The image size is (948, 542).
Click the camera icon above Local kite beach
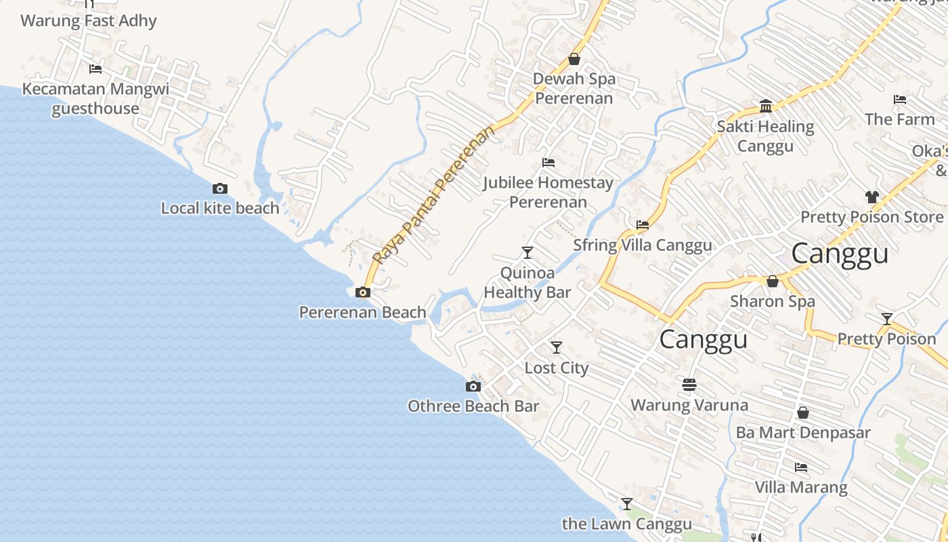(220, 189)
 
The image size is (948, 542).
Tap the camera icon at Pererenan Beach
(363, 293)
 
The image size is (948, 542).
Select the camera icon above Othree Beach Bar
(473, 387)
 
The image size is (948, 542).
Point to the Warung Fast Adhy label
(89, 21)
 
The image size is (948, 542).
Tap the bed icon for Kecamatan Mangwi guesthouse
(95, 68)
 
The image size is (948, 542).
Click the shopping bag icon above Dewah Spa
(574, 59)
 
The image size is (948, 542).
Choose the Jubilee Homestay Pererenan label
(548, 192)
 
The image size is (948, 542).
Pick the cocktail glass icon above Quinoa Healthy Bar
(527, 253)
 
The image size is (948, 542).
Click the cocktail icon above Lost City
(557, 348)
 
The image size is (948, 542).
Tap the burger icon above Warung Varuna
(689, 385)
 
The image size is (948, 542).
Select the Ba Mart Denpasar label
(803, 432)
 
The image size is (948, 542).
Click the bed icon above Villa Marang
(801, 467)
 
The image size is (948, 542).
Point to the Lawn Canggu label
(627, 524)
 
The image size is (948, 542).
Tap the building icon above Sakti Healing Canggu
(766, 106)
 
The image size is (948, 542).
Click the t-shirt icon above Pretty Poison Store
(871, 197)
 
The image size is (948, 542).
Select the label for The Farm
(899, 119)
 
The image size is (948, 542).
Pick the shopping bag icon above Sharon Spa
(773, 281)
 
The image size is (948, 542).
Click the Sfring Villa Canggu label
(643, 245)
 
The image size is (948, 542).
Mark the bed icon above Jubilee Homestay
(548, 163)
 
